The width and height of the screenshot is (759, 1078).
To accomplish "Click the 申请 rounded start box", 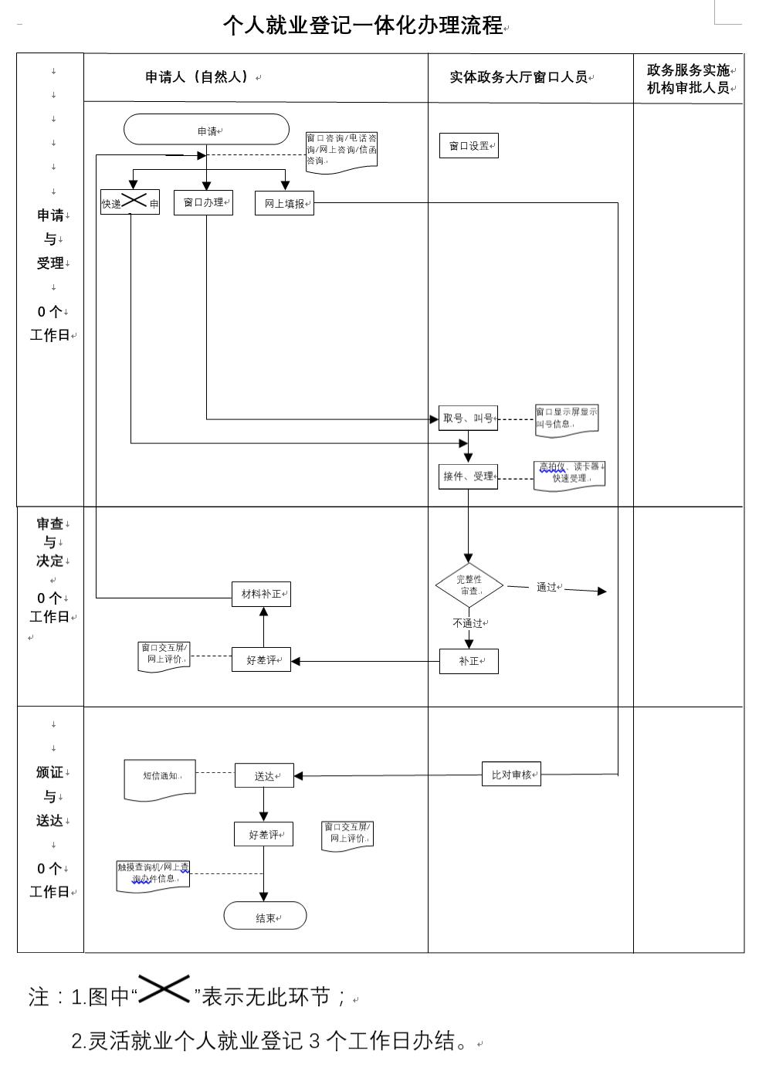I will point(206,130).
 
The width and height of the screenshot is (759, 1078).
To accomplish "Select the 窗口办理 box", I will point(203,202).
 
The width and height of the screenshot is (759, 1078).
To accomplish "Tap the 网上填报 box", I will point(284,204).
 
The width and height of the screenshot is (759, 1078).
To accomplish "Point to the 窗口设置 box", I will point(469,146).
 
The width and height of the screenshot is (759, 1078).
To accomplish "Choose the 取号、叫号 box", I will point(468,419).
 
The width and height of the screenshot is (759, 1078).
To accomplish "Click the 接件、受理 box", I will point(468,476).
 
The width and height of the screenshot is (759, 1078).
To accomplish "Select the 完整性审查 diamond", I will point(469,585).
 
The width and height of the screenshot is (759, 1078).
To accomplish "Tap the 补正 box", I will point(469,661).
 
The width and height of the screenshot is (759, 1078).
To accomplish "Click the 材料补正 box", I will point(261,594).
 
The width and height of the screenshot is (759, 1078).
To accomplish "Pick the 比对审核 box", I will point(511,775).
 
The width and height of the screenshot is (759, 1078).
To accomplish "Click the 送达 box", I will point(264,775).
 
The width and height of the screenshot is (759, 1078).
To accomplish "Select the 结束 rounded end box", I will point(265,917).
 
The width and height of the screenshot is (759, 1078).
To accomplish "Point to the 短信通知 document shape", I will point(160,778).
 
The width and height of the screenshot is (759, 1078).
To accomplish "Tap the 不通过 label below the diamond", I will point(468,623).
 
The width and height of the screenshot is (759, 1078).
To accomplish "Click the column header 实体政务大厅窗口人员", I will point(519,77).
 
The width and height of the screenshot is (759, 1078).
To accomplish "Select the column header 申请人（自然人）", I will point(198,77).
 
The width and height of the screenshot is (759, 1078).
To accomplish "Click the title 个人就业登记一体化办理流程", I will point(363,25).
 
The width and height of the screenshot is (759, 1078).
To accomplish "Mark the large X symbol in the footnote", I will point(164,989).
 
